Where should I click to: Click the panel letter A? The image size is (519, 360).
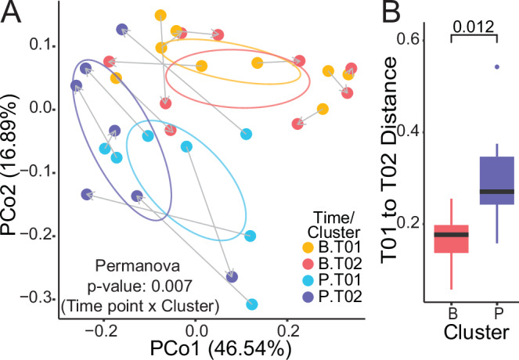pos(13,16)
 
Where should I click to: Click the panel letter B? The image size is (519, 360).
pos(413,16)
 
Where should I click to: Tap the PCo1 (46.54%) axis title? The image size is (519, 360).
pos(168,344)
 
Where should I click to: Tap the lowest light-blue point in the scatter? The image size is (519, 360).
pos(252,304)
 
